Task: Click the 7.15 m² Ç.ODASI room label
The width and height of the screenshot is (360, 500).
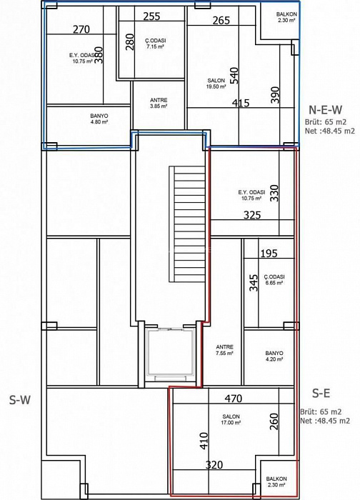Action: pos(156,44)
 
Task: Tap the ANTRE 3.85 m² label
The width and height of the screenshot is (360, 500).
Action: pos(159,104)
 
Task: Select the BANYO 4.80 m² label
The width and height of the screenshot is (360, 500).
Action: pos(99,119)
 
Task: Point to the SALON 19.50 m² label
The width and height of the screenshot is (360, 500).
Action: pos(216,84)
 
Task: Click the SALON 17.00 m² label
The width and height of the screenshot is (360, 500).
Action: pos(231,420)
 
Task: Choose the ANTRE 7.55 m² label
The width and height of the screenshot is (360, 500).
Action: pos(224,350)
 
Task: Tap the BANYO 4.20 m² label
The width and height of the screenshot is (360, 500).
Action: pos(274,356)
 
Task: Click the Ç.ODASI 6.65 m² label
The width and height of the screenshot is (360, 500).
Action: pos(274,280)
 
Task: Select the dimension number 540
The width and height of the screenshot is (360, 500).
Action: pos(234,75)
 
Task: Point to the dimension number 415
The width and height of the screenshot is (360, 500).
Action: pos(241,103)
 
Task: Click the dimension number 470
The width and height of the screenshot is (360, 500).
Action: pos(234,399)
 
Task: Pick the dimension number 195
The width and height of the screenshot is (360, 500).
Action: pos(269,254)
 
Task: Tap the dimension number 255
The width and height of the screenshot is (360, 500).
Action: pos(151,16)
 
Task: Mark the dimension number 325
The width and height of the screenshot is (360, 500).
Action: pos(252,215)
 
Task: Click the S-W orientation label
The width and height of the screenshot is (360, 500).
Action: pos(20,399)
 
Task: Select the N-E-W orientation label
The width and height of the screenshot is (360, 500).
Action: pos(325,110)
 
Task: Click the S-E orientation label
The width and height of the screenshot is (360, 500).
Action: pos(321,394)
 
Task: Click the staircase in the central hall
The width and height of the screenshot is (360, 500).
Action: pos(187,224)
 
